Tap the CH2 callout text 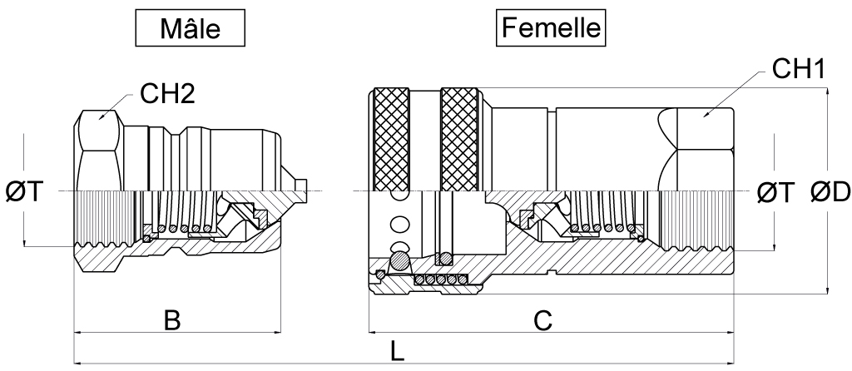(167, 94)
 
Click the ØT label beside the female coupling (775, 193)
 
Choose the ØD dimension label (829, 193)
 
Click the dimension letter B (171, 321)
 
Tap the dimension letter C (542, 321)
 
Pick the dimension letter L (399, 351)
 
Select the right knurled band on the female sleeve (461, 138)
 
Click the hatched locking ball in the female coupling (401, 260)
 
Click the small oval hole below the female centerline (401, 224)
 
